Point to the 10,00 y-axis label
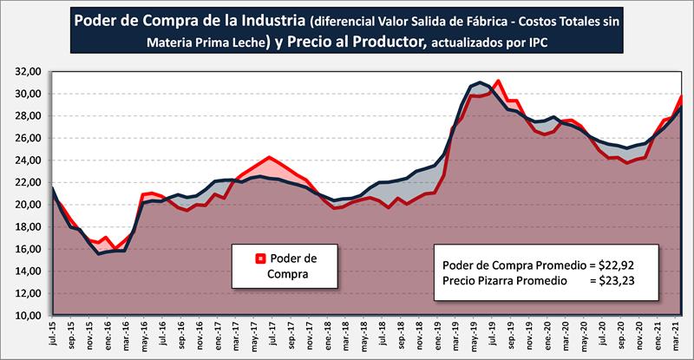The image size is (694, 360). tap(25, 317)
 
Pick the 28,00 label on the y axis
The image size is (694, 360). tap(25, 116)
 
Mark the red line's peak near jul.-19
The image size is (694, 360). tap(498, 81)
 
